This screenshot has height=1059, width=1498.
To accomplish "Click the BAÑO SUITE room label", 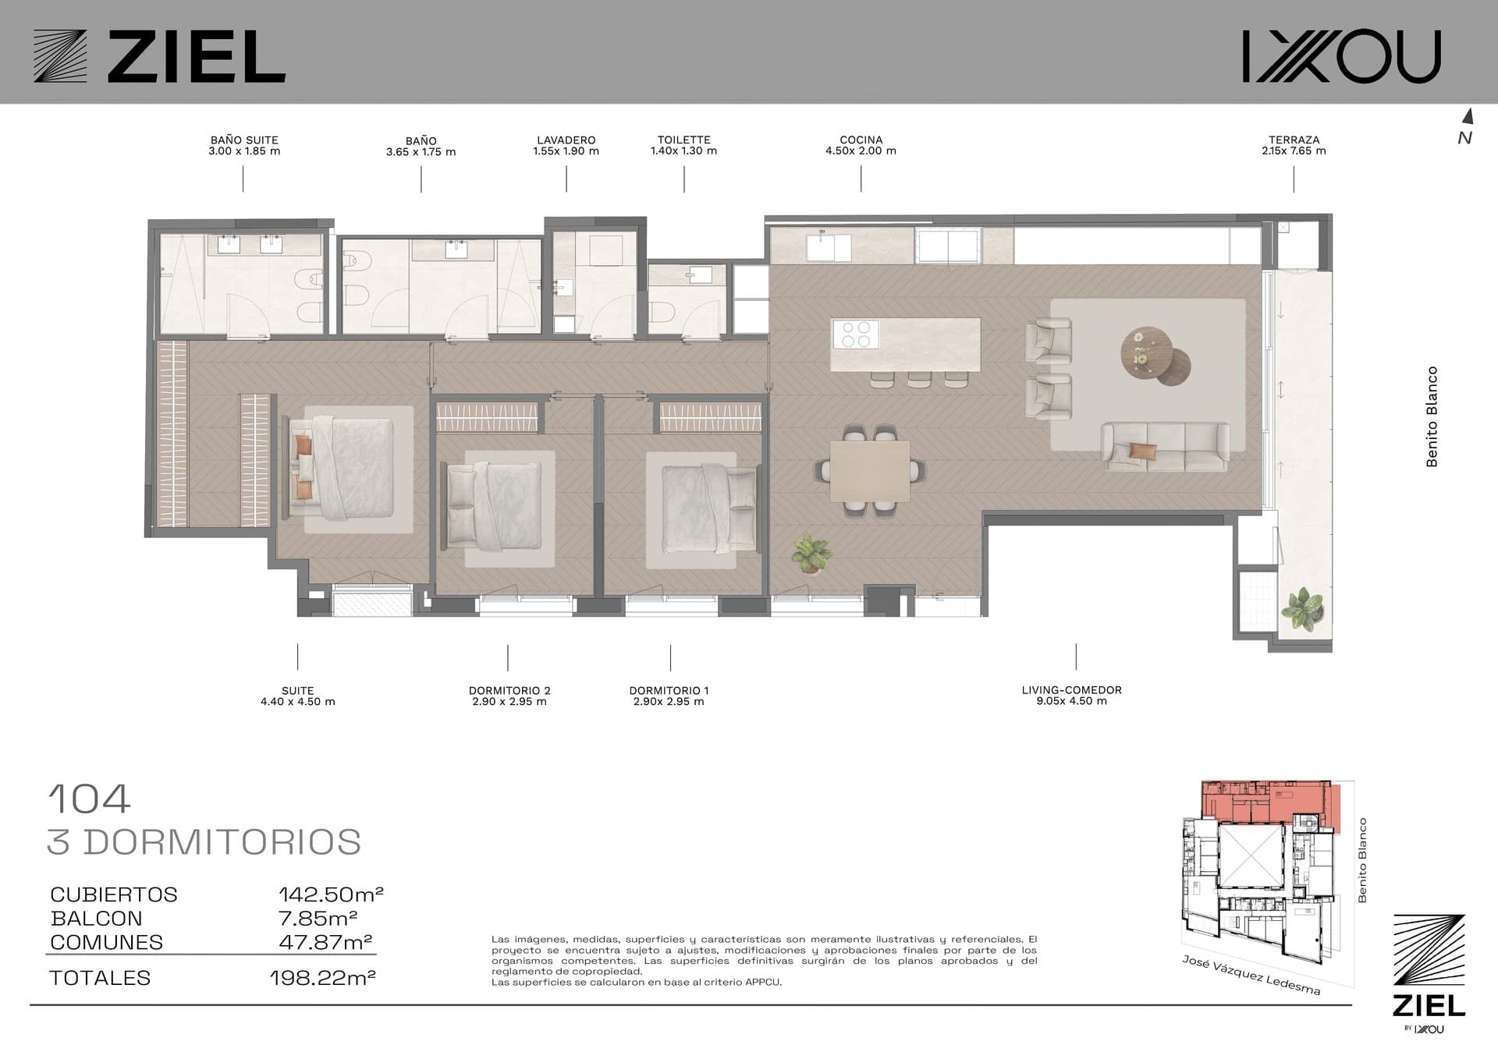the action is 244,140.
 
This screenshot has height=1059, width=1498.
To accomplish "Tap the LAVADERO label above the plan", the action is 566,140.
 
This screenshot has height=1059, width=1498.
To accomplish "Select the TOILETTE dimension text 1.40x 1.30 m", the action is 683,151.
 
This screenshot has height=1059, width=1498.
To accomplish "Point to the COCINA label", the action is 861,140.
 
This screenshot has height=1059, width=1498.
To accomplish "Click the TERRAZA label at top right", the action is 1294,140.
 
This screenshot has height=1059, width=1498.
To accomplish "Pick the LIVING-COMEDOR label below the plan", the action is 1071,690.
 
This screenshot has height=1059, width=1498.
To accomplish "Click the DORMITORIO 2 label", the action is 509,690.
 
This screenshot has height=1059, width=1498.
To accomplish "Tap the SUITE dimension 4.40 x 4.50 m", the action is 298,702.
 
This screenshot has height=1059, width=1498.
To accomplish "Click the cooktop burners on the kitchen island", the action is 855,335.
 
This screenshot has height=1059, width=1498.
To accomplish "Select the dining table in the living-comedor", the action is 870,471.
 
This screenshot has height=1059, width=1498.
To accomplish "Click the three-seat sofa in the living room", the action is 1165,446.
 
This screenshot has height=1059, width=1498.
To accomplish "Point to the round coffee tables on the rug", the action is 1155,356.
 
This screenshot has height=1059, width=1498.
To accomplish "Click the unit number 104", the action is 89,799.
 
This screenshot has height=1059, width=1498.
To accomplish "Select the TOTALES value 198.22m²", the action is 323,978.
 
